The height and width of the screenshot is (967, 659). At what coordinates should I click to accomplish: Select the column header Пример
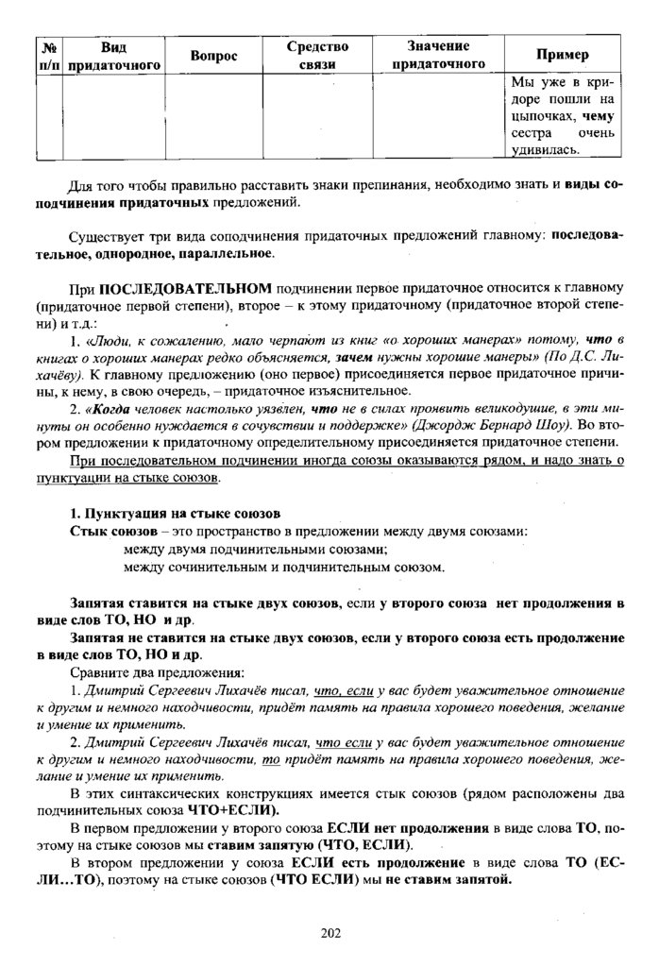click(563, 56)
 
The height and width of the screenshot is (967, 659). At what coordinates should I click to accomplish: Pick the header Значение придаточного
click(438, 56)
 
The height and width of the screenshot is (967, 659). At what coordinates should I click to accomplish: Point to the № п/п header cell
click(47, 56)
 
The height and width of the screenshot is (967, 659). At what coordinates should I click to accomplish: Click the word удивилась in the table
click(546, 148)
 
